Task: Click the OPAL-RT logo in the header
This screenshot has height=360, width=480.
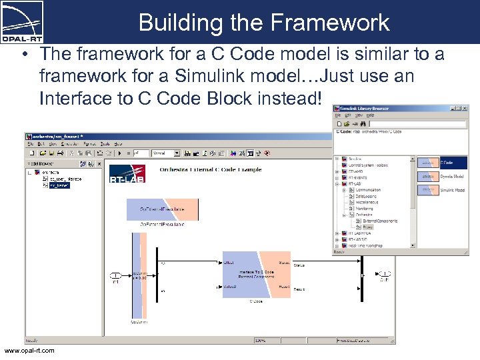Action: (23, 19)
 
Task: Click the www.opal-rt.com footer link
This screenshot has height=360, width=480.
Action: (29, 351)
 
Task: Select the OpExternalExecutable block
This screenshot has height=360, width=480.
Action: (162, 209)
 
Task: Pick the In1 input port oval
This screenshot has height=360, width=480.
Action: (115, 275)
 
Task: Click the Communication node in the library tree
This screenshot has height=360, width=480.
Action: (368, 190)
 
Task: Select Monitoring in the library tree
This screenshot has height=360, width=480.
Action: (364, 209)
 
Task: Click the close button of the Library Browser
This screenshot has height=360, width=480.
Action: (465, 107)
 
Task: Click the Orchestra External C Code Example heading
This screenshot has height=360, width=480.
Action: (210, 169)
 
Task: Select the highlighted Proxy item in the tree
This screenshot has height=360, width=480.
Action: (368, 227)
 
